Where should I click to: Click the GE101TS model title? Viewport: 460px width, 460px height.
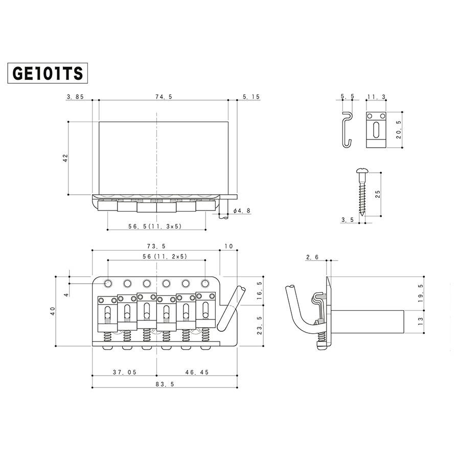coord(48,73)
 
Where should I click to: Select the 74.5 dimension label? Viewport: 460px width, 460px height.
coord(164,97)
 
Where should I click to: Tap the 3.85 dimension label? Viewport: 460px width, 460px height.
coord(76,97)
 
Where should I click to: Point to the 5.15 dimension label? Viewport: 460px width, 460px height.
coord(251,97)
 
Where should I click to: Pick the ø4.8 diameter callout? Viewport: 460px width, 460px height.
coord(242,211)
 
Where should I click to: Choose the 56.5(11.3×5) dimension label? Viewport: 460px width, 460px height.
coord(155,226)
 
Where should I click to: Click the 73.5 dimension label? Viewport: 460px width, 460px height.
coord(156,246)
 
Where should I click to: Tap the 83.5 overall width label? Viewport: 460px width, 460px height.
coord(165,384)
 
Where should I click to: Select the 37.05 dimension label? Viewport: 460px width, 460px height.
coord(125,372)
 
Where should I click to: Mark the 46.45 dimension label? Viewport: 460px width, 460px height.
coord(197,372)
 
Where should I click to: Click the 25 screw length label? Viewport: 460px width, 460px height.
coord(378,194)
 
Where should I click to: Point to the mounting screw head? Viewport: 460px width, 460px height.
coord(362,171)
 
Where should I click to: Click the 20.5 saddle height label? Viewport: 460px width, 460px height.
coord(399,129)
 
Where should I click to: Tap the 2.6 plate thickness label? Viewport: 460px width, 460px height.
coord(312,257)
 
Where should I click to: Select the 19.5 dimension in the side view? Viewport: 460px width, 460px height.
coord(421,293)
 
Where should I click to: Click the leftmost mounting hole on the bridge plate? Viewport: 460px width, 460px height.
coord(108,283)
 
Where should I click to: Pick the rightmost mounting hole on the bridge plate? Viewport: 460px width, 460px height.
coord(205,283)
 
